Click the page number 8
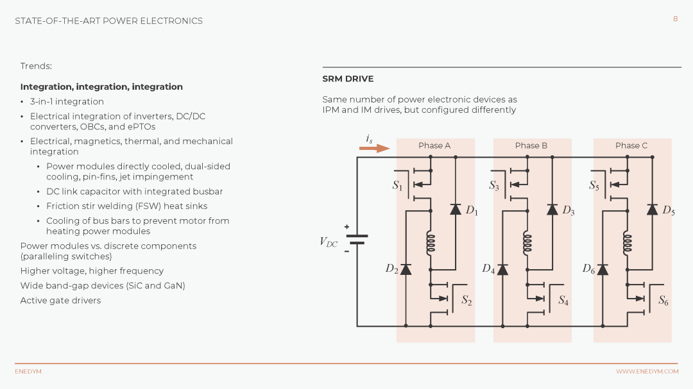(x=675, y=19)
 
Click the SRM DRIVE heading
(x=348, y=79)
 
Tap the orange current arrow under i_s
(x=374, y=149)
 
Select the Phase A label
(x=434, y=145)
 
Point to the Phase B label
(x=531, y=145)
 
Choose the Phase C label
(x=631, y=145)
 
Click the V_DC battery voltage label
(x=329, y=242)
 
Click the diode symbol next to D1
(x=456, y=210)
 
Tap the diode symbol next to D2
(x=406, y=269)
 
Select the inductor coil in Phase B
(x=527, y=244)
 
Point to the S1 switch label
(x=397, y=185)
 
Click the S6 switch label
(x=663, y=301)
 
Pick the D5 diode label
(x=669, y=211)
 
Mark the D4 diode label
(x=488, y=269)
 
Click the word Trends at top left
(x=36, y=66)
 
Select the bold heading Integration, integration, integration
(x=101, y=87)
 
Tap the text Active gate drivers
(x=60, y=301)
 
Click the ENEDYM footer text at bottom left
(x=28, y=371)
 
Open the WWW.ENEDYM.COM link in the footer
(x=647, y=371)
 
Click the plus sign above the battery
(x=347, y=227)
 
